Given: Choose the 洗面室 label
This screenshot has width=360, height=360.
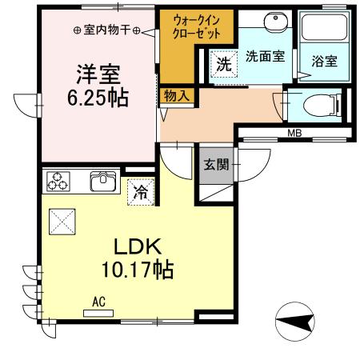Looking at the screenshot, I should pos(265,57).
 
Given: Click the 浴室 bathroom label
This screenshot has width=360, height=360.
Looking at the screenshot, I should pos(323,61).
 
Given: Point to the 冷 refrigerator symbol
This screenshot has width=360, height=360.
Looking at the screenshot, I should pos(140,191).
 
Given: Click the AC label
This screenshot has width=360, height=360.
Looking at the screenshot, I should pos(99,301).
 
